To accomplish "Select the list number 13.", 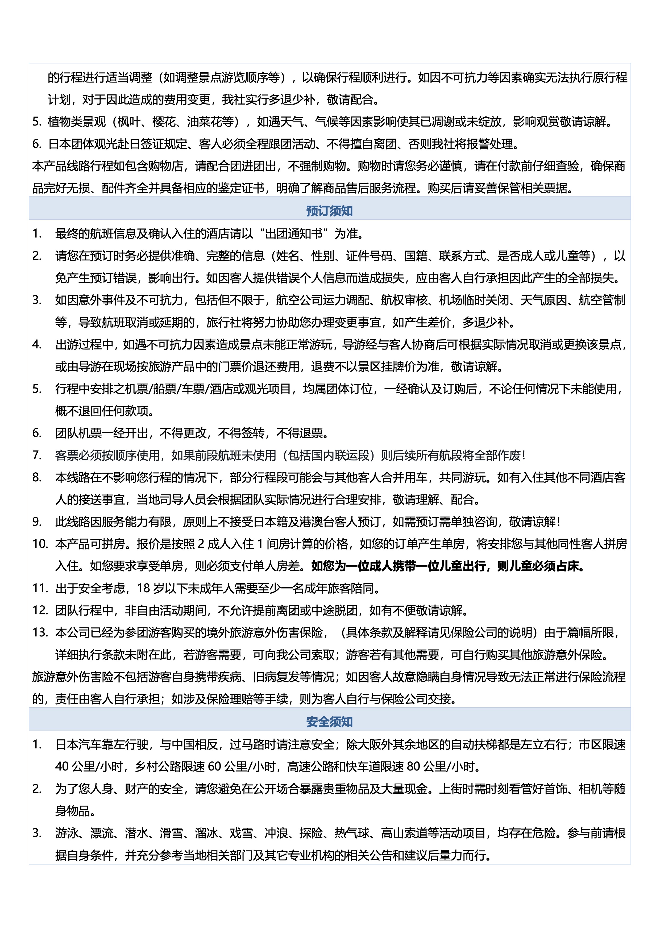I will pos(40,633).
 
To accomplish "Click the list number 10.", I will pos(40,544).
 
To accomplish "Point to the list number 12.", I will pos(40,610).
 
